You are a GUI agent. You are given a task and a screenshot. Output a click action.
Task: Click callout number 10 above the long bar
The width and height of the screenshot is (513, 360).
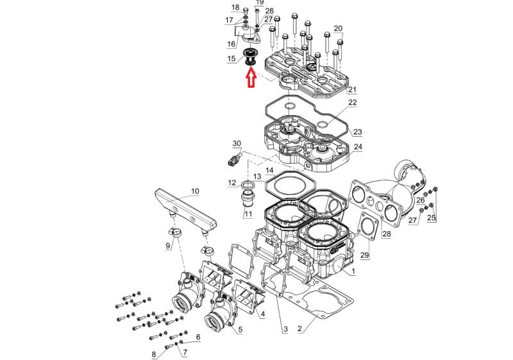195,191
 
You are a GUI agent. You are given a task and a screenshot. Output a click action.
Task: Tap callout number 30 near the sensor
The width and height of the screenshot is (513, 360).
237,143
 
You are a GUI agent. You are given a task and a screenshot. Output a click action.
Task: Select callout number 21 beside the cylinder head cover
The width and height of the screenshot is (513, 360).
352,89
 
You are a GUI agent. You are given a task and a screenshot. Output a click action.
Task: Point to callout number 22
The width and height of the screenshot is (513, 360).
352,103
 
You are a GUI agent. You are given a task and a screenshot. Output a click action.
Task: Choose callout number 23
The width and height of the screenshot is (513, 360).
357,132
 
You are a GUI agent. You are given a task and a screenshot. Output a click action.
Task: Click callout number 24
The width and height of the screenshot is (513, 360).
357,147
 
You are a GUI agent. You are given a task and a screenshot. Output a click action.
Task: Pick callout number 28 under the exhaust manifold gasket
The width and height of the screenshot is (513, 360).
386,234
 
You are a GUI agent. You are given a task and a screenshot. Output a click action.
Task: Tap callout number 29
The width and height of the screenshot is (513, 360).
365,255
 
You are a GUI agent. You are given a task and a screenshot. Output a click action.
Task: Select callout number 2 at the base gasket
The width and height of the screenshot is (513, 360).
299,329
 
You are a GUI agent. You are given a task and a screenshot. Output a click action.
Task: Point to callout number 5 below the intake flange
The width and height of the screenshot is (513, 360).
240,330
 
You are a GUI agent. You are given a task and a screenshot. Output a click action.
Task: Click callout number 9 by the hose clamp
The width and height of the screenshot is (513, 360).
169,245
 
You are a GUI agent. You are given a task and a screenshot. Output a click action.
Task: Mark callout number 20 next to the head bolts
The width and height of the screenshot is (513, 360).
338,28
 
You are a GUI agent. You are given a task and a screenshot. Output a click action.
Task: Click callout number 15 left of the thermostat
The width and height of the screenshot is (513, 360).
231,59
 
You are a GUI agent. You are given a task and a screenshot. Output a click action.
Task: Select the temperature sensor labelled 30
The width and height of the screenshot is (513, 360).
235,158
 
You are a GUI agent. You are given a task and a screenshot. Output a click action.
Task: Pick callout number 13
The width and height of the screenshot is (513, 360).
256,176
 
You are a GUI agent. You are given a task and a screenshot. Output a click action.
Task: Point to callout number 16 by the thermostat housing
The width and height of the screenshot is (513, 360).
231,44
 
